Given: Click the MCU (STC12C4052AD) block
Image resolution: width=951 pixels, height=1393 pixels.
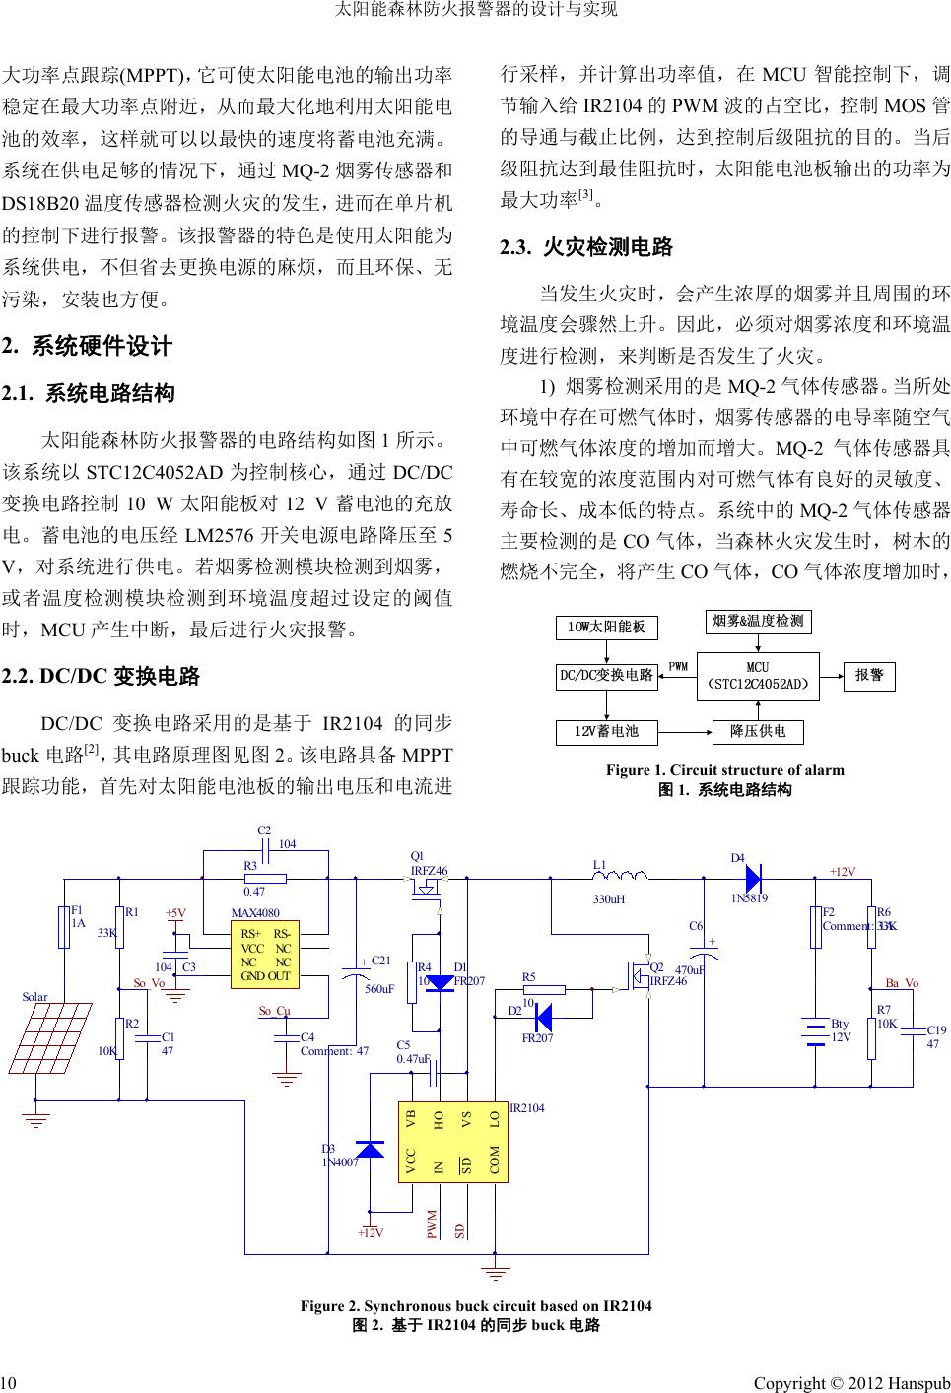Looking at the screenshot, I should [758, 675].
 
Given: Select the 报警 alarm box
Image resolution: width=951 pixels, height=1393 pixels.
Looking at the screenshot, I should [869, 675].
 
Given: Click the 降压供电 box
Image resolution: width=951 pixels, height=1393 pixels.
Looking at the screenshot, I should [758, 732].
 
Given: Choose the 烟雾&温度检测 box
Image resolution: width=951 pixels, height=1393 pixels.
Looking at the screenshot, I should [758, 621].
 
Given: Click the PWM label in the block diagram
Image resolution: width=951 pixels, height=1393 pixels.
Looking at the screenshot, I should [678, 666].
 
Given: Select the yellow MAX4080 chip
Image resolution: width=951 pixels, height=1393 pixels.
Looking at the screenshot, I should [264, 955].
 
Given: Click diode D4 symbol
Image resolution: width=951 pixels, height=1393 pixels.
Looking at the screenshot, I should [753, 877].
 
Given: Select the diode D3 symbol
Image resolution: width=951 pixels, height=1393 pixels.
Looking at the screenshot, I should [370, 1149].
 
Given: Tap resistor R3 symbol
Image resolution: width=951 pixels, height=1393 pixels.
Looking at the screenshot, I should [265, 878].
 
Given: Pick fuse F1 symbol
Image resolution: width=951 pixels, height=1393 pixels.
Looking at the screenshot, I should [64, 928].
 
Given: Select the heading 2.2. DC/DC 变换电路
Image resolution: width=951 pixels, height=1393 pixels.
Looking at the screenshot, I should [102, 677].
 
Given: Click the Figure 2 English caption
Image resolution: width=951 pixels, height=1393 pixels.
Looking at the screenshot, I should [476, 1306].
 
